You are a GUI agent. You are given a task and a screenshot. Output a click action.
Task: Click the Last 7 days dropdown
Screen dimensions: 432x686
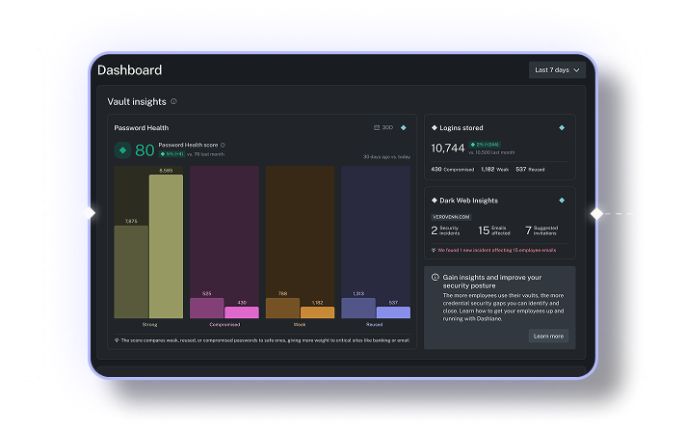click(x=557, y=70)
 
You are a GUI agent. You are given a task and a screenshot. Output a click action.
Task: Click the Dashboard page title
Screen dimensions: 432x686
click(x=129, y=70)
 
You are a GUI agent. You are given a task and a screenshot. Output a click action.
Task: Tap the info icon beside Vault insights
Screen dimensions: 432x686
click(x=173, y=101)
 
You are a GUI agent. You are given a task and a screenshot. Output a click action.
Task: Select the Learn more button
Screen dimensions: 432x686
click(x=548, y=336)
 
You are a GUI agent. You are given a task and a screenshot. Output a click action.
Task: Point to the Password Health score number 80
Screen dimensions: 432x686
click(x=145, y=150)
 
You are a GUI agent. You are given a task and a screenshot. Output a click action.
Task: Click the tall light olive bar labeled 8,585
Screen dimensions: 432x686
click(x=166, y=246)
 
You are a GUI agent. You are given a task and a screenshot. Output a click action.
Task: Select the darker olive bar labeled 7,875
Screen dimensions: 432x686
click(x=131, y=271)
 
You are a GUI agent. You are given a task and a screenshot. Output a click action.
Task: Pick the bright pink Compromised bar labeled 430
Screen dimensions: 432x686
click(x=241, y=311)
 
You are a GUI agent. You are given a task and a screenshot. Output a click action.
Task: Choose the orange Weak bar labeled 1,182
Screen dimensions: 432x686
click(x=317, y=311)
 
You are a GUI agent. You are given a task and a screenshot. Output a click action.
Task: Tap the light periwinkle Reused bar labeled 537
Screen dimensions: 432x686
click(x=392, y=311)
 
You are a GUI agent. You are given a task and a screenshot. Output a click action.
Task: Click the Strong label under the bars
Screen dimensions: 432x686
click(x=148, y=325)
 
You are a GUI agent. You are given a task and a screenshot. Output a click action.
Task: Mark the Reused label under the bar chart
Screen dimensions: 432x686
click(x=375, y=325)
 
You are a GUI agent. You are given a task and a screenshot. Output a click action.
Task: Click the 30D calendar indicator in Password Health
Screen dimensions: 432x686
click(x=383, y=127)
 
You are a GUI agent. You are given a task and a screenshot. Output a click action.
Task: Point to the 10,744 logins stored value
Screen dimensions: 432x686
click(x=447, y=148)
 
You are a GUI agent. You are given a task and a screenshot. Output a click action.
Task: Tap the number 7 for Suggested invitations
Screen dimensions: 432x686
click(x=528, y=230)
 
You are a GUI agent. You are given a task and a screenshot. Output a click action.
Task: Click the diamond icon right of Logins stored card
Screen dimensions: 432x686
click(x=562, y=127)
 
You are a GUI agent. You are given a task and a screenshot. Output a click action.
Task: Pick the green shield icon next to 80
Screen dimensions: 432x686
click(x=122, y=150)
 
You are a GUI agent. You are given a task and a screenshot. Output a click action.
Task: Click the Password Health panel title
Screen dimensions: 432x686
click(x=142, y=127)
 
